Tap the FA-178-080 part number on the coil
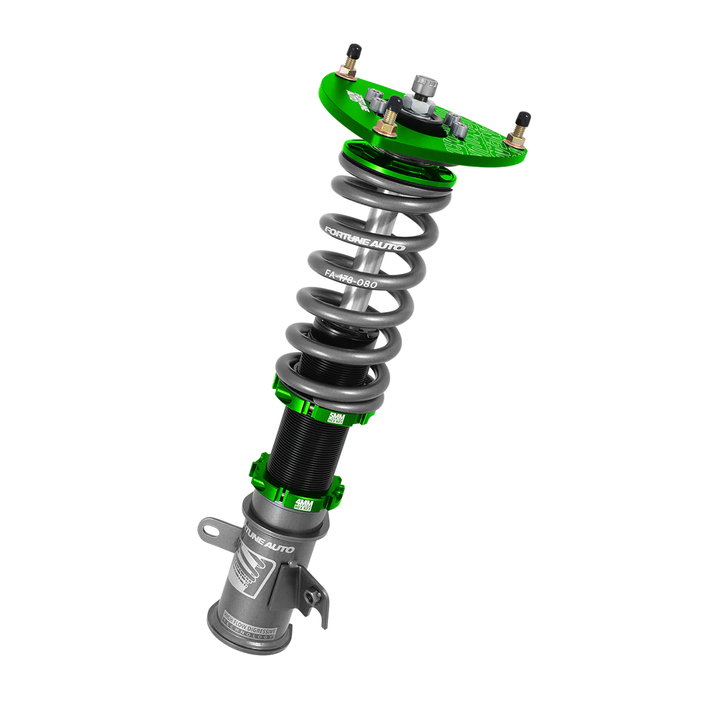click(351, 280)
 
